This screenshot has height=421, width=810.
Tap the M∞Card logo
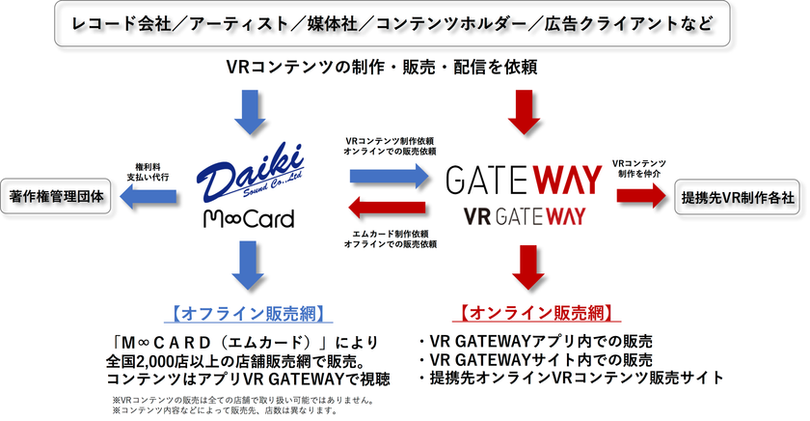point(248,220)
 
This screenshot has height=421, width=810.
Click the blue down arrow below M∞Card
point(250,267)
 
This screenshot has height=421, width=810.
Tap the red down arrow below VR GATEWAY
point(526,267)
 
